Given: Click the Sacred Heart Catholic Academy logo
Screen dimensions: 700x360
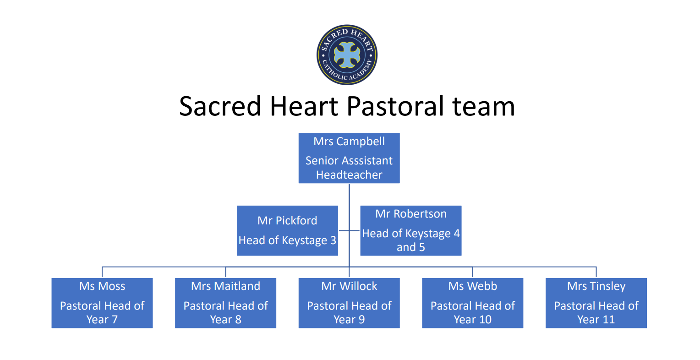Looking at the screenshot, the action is tap(347, 55).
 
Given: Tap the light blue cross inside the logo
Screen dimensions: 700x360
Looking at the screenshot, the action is tap(347, 55).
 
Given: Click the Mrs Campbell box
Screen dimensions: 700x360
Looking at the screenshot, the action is tap(349, 158).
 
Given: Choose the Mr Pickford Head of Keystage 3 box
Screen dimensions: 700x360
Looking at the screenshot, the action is tap(287, 231).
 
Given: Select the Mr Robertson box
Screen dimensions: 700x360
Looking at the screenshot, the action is tap(410, 231).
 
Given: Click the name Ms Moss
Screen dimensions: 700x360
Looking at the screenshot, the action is tap(102, 286).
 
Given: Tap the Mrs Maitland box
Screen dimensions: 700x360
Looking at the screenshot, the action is tap(226, 303).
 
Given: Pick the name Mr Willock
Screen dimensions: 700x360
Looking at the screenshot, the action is tap(349, 286).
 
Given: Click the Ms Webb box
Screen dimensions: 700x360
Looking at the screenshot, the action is tap(472, 303).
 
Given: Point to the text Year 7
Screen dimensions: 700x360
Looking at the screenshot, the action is tap(102, 320).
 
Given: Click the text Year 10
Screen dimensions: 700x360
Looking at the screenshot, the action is tap(472, 320).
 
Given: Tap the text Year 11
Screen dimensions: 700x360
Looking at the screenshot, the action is tap(596, 320).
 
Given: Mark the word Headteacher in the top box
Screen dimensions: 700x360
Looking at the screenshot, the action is tap(349, 175).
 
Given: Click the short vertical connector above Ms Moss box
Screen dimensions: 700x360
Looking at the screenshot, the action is tap(102, 272).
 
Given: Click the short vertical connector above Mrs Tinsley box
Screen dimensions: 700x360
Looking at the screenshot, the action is tap(596, 272).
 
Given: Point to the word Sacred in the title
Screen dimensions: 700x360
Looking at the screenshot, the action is tap(220, 106).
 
